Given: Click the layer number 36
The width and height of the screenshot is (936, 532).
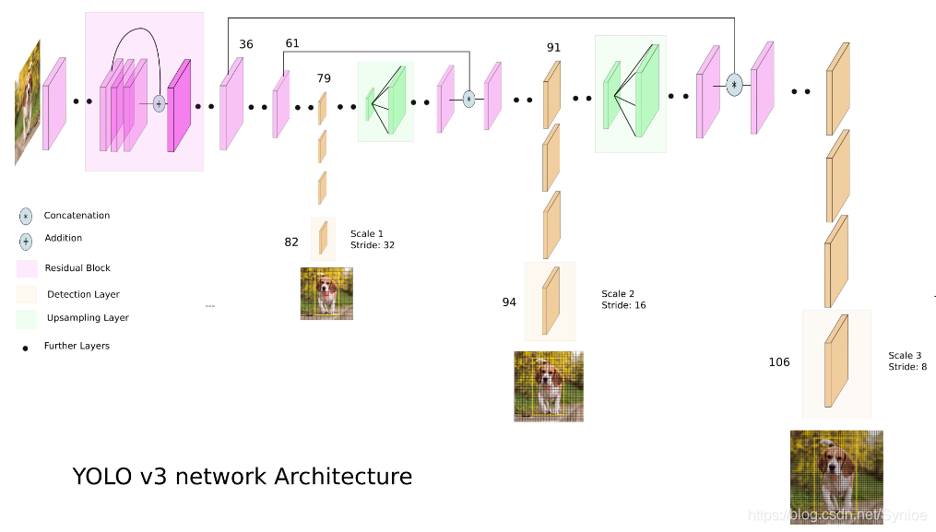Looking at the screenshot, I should click(x=246, y=44).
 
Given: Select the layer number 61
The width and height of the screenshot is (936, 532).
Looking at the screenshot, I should click(x=292, y=43).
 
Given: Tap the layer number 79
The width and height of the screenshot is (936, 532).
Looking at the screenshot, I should click(x=324, y=77).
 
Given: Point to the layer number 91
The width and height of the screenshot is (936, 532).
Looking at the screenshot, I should click(x=553, y=48).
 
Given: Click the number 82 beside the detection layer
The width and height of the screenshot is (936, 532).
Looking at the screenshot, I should click(x=291, y=242).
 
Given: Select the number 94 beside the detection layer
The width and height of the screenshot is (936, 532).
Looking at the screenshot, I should click(x=509, y=302).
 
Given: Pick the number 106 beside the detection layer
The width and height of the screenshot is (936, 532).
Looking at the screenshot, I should click(x=779, y=362).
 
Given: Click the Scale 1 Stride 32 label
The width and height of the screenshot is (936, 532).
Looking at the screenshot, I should click(x=373, y=240).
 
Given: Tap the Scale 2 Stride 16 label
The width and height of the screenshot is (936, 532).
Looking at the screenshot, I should click(x=623, y=300).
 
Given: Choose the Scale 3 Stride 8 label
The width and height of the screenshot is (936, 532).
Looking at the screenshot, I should click(x=907, y=361).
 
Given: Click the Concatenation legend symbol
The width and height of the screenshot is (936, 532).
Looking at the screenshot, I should click(x=26, y=216).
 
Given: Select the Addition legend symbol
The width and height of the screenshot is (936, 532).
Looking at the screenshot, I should click(x=26, y=240).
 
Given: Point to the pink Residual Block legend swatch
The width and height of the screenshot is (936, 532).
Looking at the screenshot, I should click(x=27, y=268).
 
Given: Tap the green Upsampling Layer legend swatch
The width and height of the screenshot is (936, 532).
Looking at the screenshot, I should click(x=27, y=318).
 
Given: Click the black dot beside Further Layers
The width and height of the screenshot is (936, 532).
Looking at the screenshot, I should click(x=25, y=348).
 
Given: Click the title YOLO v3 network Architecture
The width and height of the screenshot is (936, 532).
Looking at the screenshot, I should click(x=242, y=477).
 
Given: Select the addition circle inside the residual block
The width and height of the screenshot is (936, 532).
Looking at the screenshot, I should click(x=159, y=103).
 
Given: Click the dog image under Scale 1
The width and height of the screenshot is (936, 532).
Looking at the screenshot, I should click(x=326, y=294).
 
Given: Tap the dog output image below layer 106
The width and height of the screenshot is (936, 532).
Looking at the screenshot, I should click(x=836, y=477).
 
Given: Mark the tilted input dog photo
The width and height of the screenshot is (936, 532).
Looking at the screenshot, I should click(x=28, y=101).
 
